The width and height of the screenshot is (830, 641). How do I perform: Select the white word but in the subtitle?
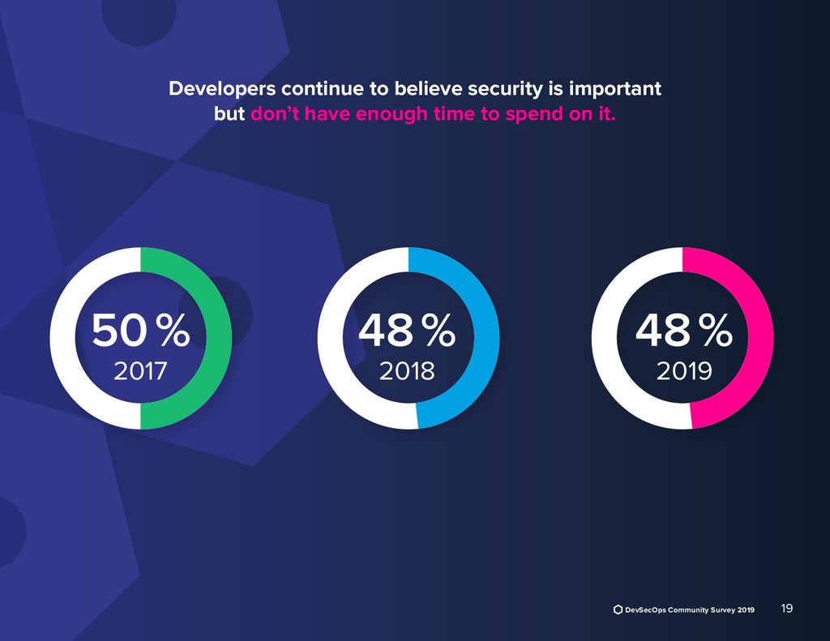[229, 114]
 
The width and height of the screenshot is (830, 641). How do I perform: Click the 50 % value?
[140, 331]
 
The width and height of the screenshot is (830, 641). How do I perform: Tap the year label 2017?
[140, 371]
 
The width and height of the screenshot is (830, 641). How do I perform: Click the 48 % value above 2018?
[407, 331]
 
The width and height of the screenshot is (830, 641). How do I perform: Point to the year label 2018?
[407, 371]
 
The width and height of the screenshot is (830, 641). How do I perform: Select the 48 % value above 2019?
[683, 331]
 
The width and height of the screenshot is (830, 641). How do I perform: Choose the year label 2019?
[683, 371]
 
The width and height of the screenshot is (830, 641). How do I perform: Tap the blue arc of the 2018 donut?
[486, 339]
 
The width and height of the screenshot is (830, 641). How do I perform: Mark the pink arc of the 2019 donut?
[761, 339]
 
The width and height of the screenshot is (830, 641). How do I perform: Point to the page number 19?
[786, 608]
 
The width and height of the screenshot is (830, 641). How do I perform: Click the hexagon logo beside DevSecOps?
[618, 609]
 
